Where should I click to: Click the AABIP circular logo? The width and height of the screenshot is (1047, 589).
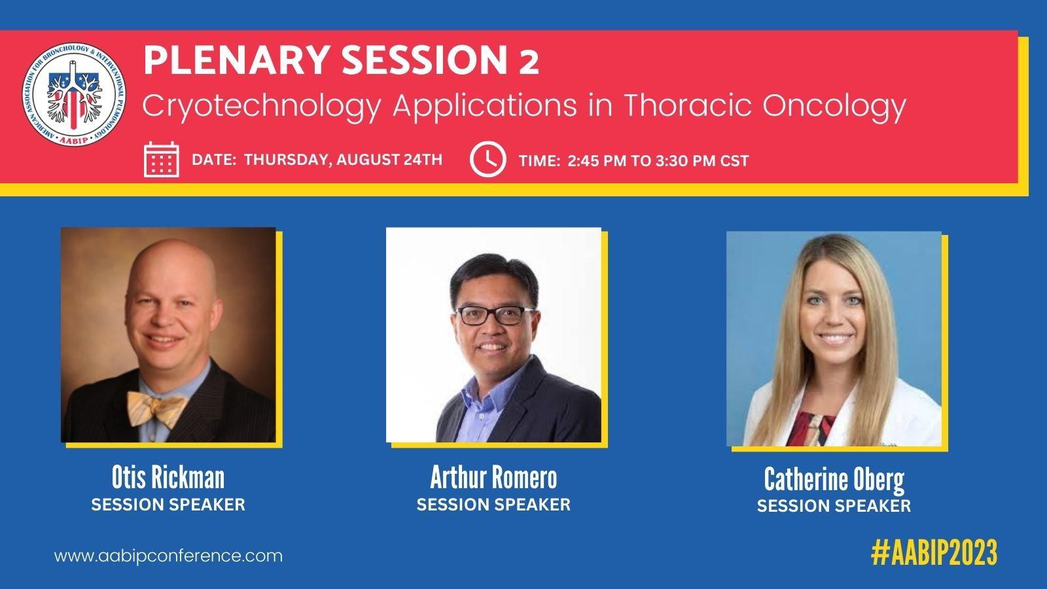tap(74, 95)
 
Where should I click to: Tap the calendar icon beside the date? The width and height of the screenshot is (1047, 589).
tap(161, 160)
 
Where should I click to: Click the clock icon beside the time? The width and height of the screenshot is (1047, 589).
tap(488, 160)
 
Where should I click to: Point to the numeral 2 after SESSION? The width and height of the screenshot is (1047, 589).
tap(528, 63)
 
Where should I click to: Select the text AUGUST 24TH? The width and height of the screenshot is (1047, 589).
tap(389, 160)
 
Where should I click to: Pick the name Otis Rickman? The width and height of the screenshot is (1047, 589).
tap(168, 477)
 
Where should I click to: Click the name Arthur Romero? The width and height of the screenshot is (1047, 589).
tap(493, 477)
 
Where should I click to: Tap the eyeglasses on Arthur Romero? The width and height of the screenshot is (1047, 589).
tap(495, 315)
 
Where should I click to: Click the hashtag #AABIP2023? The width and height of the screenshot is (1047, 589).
tap(934, 552)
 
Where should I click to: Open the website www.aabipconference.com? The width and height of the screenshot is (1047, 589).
tap(168, 556)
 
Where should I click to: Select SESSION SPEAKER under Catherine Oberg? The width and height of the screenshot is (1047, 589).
tap(834, 506)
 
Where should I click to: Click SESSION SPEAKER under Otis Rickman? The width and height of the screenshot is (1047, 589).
tap(168, 505)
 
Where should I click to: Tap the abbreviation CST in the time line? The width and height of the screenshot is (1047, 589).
tap(734, 161)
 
